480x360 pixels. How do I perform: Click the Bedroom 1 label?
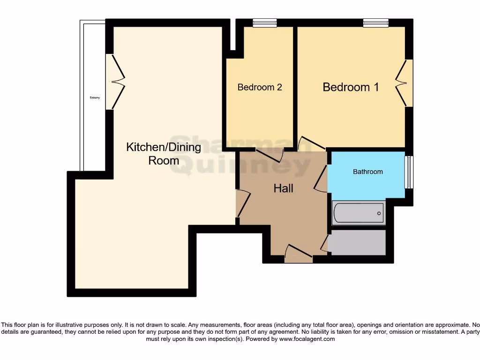coord(351,87)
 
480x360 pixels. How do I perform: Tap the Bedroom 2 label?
coord(260,87)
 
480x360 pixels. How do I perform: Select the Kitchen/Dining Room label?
coord(164,154)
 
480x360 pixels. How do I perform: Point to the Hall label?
coord(283,188)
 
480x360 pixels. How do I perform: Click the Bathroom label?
coord(367,172)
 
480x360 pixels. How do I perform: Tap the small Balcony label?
coord(95,98)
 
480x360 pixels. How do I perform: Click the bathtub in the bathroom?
coord(358,213)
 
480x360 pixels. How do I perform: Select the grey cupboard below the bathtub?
coord(357,242)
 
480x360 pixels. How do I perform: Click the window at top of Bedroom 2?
coord(264,22)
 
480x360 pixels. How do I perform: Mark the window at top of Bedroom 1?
coord(375,22)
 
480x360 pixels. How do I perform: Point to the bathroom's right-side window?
coord(409,172)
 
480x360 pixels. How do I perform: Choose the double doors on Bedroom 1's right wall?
coord(404,83)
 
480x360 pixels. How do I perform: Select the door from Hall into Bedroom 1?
coord(311,143)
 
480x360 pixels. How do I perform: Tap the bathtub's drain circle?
coord(379,213)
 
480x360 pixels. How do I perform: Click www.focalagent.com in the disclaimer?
coord(307,339)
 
